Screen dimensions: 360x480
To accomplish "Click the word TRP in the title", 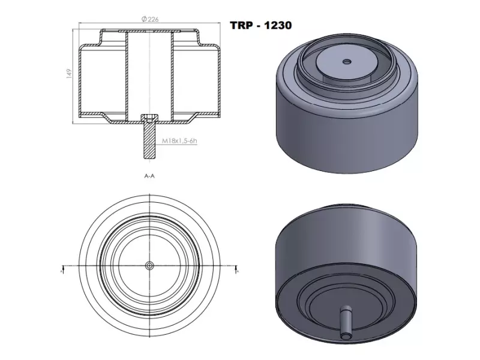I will click(x=242, y=26).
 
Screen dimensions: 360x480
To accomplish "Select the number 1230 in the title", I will click(x=278, y=26).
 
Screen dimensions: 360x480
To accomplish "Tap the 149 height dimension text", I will click(x=70, y=73).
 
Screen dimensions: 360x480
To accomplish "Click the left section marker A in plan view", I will click(x=63, y=271).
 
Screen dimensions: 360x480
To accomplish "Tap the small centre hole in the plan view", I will click(x=150, y=265).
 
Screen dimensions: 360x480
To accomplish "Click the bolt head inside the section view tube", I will click(x=150, y=117).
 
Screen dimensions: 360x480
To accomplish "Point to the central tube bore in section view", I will click(x=150, y=72).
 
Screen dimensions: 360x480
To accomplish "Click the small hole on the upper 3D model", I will click(x=346, y=61).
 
